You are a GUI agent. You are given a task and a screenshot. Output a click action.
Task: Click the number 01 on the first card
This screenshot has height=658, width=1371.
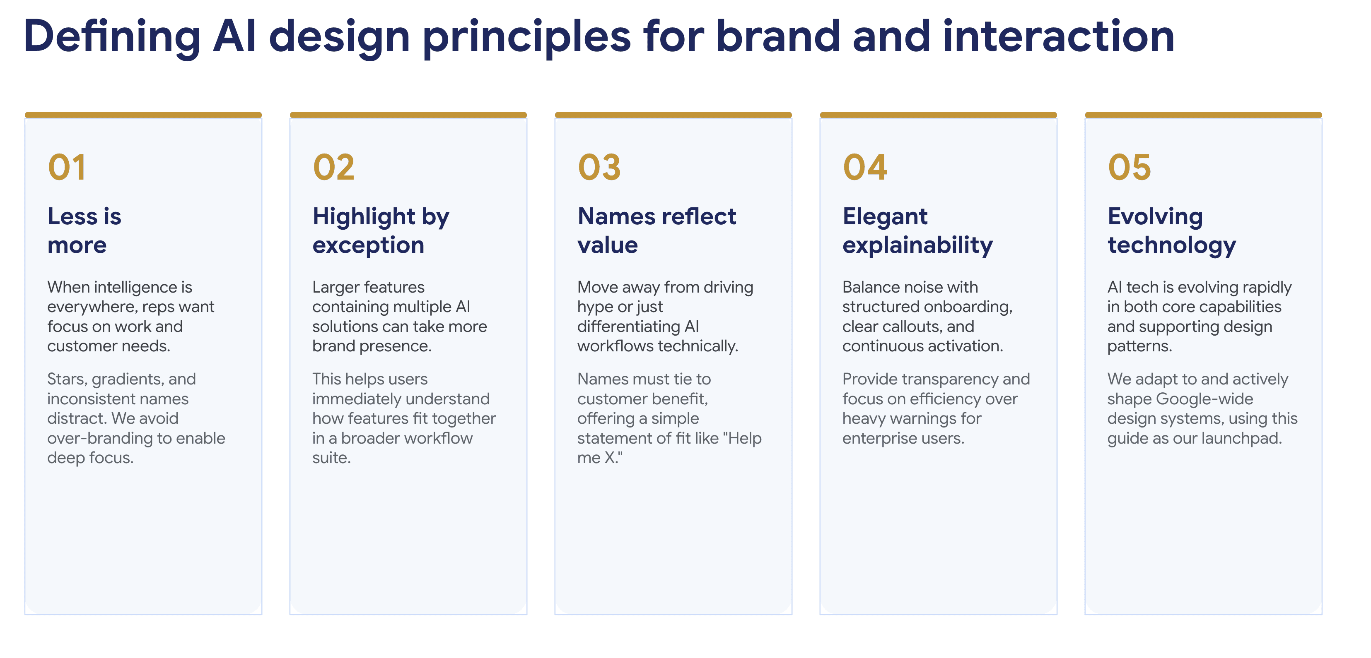pyautogui.click(x=67, y=167)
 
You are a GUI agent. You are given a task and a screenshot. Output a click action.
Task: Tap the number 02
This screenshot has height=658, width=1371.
pyautogui.click(x=334, y=167)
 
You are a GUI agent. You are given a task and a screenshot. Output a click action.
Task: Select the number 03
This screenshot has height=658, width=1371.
pyautogui.click(x=599, y=167)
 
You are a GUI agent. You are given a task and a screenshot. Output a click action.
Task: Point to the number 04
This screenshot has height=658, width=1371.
pyautogui.click(x=865, y=167)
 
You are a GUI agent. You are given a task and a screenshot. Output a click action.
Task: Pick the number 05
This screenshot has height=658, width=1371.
pyautogui.click(x=1130, y=167)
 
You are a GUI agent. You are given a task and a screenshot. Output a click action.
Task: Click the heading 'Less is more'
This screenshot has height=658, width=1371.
pyautogui.click(x=84, y=231)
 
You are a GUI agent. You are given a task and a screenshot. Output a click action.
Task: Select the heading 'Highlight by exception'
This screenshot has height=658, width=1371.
pyautogui.click(x=381, y=231)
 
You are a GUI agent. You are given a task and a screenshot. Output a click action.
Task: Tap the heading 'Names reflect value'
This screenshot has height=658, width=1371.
pyautogui.click(x=657, y=231)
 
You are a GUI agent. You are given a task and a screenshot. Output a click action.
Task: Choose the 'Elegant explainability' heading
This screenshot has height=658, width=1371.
pyautogui.click(x=917, y=231)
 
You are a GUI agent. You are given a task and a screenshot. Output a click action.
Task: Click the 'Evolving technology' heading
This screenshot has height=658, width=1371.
pyautogui.click(x=1172, y=231)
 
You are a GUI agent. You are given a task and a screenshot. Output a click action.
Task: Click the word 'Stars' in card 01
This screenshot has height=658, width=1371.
pyautogui.click(x=67, y=379)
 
